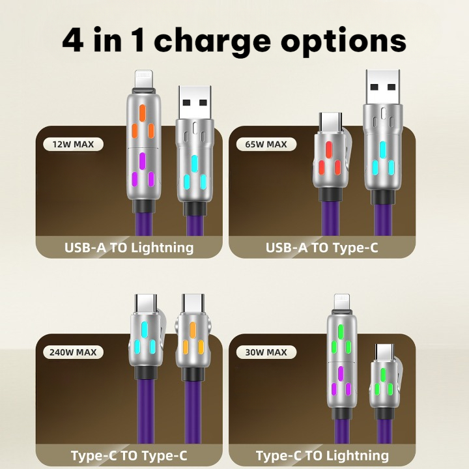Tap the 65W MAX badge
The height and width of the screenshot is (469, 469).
tap(268, 144)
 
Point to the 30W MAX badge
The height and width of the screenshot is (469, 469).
tap(268, 352)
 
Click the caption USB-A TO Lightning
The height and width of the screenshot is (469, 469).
tap(129, 248)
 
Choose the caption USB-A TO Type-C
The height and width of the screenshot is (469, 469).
tap(322, 248)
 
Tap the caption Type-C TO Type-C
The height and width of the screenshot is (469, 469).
tap(129, 455)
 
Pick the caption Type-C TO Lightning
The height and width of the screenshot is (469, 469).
tap(322, 455)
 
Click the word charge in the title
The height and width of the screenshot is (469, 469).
tap(213, 40)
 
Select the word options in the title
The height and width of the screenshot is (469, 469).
tap(343, 40)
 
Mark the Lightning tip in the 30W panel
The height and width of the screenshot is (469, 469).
tap(342, 302)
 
